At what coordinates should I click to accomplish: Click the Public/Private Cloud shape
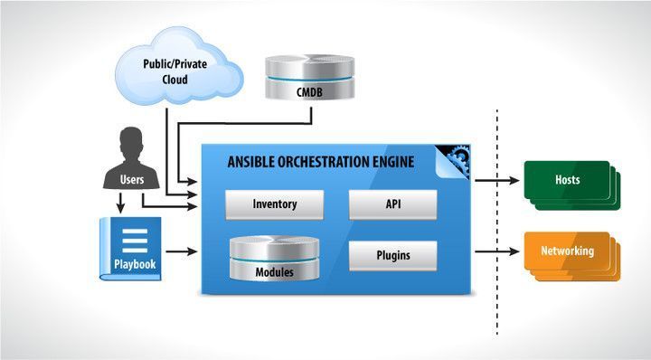point(177,68)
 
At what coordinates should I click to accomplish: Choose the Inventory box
point(274,204)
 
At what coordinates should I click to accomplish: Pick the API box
point(392,204)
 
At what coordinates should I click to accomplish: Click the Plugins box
point(392,255)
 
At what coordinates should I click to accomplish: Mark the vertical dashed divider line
point(496,217)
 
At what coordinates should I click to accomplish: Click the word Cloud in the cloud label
point(177,79)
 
